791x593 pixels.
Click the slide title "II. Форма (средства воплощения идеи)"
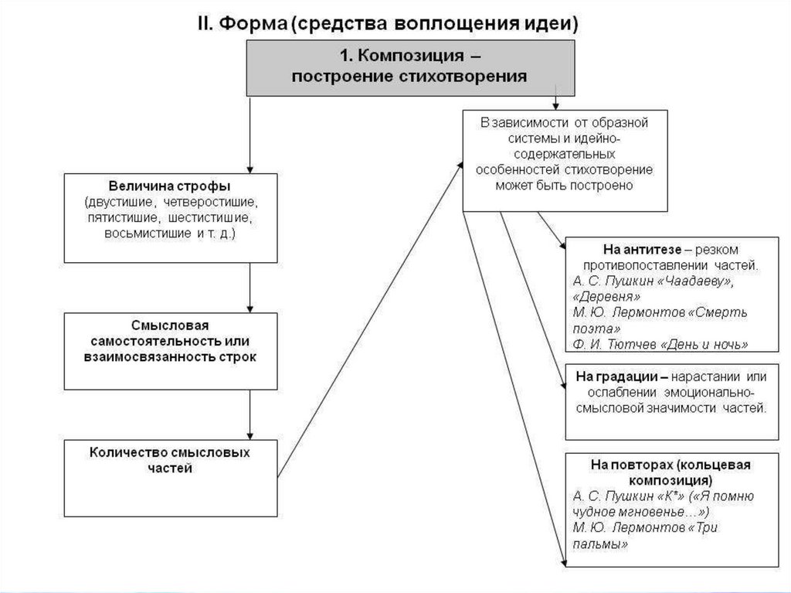395,22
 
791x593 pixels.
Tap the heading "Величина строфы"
170,187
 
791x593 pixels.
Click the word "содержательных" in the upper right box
565,154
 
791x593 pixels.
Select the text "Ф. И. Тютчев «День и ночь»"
660,344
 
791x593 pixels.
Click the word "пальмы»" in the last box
600,544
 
